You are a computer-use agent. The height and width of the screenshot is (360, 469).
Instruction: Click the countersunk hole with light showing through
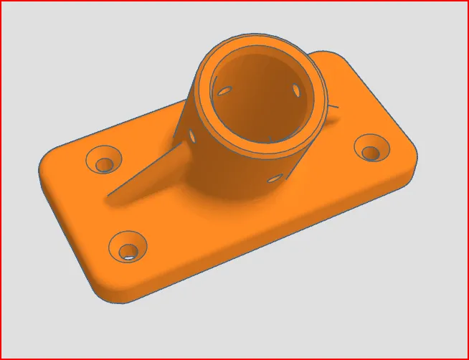[129, 250]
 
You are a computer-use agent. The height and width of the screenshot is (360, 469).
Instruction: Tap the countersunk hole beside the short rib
[370, 151]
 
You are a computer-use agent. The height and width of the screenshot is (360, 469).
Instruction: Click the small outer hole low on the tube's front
[274, 177]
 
